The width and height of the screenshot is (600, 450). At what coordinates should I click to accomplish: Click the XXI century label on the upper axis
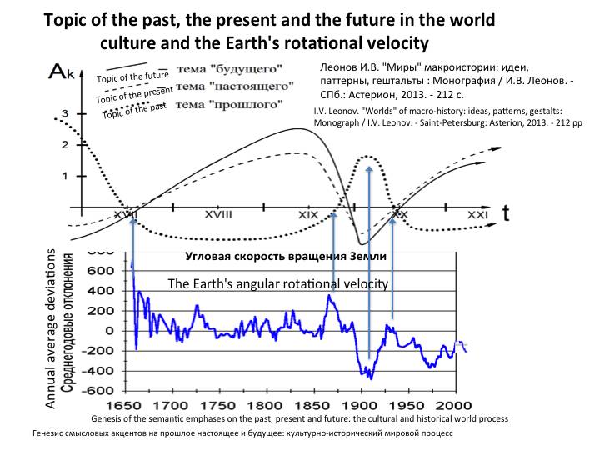pos(476,215)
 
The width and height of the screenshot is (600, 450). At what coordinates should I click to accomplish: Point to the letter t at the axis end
pos(505,213)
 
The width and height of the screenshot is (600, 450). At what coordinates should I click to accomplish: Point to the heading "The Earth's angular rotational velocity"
pos(278,284)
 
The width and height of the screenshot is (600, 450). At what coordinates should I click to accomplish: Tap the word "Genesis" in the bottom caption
pos(106,417)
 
